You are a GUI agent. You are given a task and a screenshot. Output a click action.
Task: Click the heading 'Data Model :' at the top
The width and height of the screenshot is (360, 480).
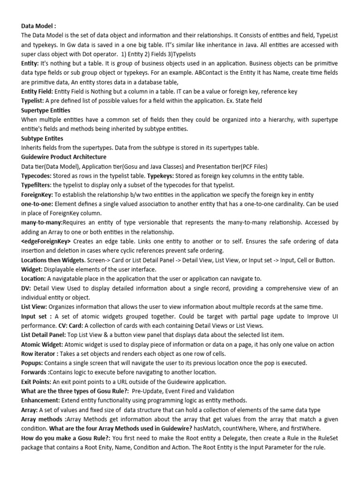point(38,26)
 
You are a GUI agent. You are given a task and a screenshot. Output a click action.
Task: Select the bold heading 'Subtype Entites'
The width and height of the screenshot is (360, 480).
point(42,139)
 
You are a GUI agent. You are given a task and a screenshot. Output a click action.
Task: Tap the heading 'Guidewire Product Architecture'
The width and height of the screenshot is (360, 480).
point(64,157)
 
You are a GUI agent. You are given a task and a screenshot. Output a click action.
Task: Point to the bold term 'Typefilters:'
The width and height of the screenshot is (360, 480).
point(38,185)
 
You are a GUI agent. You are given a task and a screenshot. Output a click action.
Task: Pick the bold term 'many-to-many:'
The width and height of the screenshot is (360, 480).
point(42,223)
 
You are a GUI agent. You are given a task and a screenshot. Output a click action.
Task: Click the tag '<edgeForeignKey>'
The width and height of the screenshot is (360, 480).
point(46,241)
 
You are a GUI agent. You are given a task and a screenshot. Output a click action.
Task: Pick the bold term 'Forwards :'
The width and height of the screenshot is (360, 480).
point(36,373)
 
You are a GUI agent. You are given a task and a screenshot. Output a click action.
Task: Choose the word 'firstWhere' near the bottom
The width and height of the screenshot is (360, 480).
point(320,428)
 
